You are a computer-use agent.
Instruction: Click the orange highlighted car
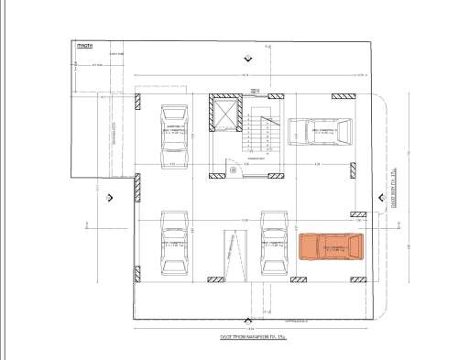332,247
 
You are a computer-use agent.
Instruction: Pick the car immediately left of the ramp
174,243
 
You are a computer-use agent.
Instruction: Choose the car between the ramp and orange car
275,243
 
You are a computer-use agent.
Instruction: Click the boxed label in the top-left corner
83,45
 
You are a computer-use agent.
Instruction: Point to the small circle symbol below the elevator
232,169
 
